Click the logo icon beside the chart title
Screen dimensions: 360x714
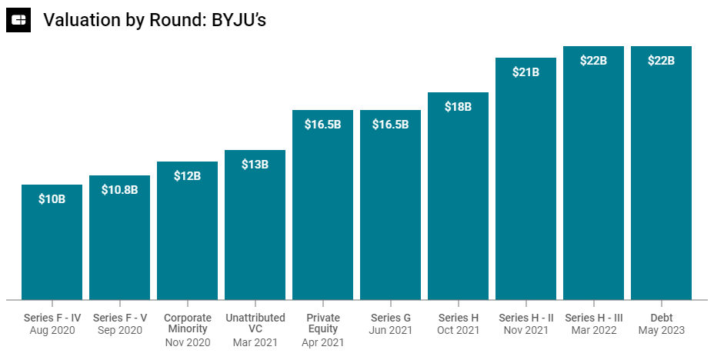pyautogui.click(x=18, y=21)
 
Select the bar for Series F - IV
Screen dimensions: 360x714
pyautogui.click(x=52, y=246)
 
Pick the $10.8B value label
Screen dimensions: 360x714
pyautogui.click(x=119, y=189)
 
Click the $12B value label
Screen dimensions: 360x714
pyautogui.click(x=187, y=175)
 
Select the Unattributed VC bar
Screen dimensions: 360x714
pyautogui.click(x=255, y=231)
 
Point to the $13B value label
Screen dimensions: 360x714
pyautogui.click(x=255, y=164)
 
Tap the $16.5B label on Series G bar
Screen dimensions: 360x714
pyautogui.click(x=390, y=124)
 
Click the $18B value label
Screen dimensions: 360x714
pyautogui.click(x=458, y=107)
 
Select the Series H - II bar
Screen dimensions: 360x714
pyautogui.click(x=525, y=185)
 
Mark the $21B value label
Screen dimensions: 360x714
pyautogui.click(x=525, y=72)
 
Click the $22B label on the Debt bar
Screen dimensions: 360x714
pyautogui.click(x=661, y=60)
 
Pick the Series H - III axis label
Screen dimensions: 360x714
pyautogui.click(x=593, y=318)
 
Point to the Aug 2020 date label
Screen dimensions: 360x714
pyautogui.click(x=52, y=330)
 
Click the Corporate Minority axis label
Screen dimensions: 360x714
pyautogui.click(x=187, y=323)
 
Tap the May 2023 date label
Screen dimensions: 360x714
pyautogui.click(x=661, y=330)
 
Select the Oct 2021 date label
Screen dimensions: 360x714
pyautogui.click(x=458, y=330)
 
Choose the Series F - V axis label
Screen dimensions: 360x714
pyautogui.click(x=119, y=318)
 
